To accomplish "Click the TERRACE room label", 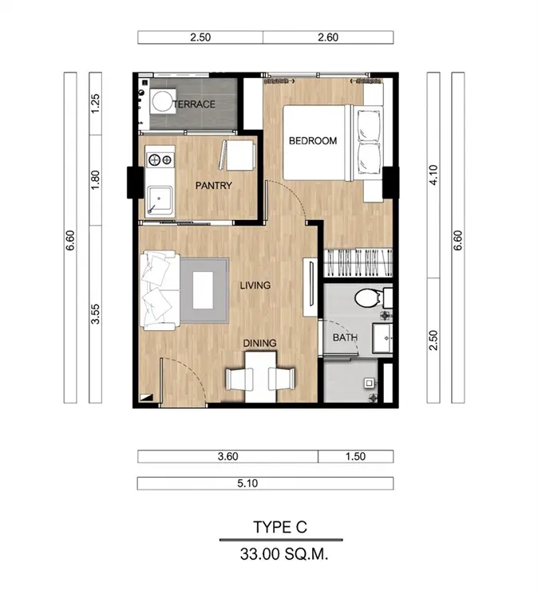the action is point(194,104).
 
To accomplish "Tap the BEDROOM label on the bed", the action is point(313,140).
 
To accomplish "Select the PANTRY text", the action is point(213,186).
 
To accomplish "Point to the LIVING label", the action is point(255,285).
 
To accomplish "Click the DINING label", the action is point(259,343).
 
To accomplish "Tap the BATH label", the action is point(345,337).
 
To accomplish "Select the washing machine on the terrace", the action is point(163,101).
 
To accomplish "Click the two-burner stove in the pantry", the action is point(160,160).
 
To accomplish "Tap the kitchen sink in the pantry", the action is point(160,200).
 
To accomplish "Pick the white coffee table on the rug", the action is point(203,290).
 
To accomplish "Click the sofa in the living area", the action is point(160,290).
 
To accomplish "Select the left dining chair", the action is point(239,379).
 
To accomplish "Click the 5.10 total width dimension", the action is point(247,484).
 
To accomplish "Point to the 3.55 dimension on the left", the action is point(95,314).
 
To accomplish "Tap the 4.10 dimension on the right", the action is point(433,175).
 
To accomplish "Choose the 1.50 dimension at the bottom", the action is point(355,457).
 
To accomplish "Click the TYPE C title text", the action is point(280,527).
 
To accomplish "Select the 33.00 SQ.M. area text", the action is point(284,554).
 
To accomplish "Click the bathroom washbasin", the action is point(382,338).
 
